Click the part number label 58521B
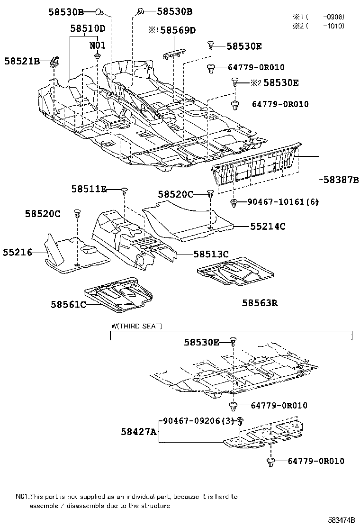pyautogui.click(x=22, y=61)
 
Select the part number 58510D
pyautogui.click(x=88, y=28)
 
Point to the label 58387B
pyautogui.click(x=341, y=180)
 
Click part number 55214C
pyautogui.click(x=268, y=227)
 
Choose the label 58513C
pyautogui.click(x=211, y=254)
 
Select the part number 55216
pyautogui.click(x=16, y=253)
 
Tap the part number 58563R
pyautogui.click(x=260, y=302)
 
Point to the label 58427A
pyautogui.click(x=138, y=432)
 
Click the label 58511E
pyautogui.click(x=89, y=189)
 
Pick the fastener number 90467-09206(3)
pyautogui.click(x=198, y=420)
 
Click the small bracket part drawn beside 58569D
pyautogui.click(x=174, y=54)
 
